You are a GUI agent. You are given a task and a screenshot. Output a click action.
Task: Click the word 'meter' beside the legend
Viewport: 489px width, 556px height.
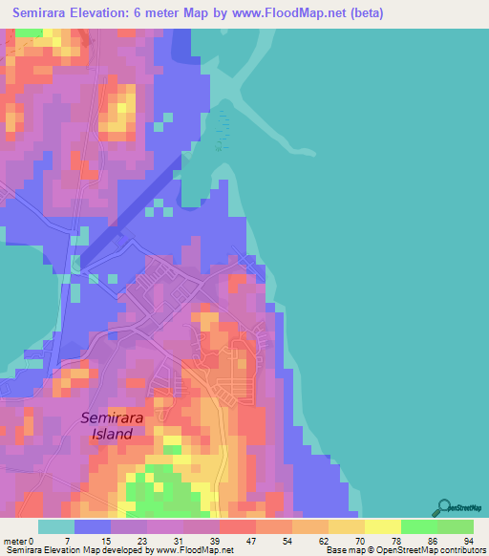pos(17,541)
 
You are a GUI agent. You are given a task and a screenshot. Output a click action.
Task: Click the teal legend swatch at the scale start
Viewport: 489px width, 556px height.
pos(56,526)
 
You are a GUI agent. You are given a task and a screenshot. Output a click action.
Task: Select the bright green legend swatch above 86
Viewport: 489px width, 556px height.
pos(418,526)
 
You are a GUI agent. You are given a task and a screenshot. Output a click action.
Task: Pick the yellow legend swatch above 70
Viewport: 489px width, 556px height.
pos(346,526)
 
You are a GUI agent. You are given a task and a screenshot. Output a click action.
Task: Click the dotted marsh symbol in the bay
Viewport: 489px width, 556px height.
pos(223,132)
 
